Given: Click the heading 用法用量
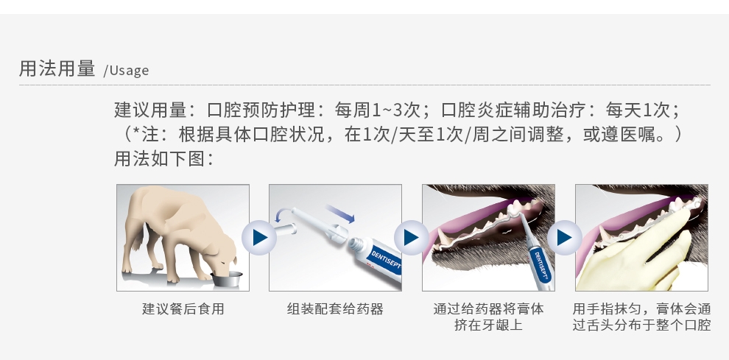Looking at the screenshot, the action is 57,68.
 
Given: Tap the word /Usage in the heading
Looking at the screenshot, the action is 126,70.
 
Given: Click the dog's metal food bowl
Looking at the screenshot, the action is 226,280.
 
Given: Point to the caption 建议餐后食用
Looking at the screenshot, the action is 183,309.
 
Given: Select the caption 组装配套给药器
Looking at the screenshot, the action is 335,309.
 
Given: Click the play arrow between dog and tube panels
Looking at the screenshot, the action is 259,238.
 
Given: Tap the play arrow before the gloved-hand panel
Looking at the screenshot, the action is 564,238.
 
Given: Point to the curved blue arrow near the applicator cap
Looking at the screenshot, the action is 282,214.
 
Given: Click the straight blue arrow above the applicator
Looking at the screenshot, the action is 340,212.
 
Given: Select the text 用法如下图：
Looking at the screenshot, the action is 164,158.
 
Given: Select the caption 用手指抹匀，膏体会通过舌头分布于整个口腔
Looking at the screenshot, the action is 641,317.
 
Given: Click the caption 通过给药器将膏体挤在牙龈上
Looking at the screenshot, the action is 488,317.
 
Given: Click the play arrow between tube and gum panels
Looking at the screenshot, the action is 412,238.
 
